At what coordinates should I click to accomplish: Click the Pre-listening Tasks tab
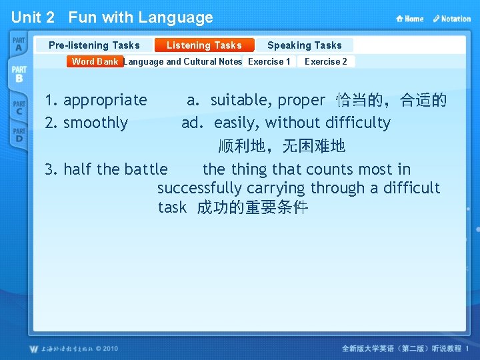click(x=94, y=45)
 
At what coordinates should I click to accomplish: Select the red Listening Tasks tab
click(x=204, y=45)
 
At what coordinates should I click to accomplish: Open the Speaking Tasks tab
click(x=304, y=45)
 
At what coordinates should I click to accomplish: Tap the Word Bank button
click(x=95, y=61)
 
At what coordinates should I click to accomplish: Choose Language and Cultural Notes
click(x=183, y=61)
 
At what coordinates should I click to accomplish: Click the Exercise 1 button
click(x=269, y=61)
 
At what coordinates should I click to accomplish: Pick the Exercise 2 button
click(x=325, y=61)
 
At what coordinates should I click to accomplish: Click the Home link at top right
click(x=410, y=19)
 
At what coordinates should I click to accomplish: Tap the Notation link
click(x=451, y=19)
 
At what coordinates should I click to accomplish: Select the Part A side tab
click(x=18, y=45)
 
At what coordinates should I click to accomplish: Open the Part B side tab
click(x=19, y=74)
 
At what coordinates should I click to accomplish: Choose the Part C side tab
click(x=18, y=107)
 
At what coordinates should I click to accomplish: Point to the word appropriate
click(x=105, y=101)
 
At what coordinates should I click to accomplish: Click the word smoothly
click(x=95, y=123)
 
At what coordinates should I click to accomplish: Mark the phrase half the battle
click(x=115, y=169)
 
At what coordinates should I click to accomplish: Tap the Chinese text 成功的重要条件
click(x=253, y=207)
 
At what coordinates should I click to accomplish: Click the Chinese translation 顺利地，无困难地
click(x=282, y=145)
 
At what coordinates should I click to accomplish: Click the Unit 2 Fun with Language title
click(x=112, y=17)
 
